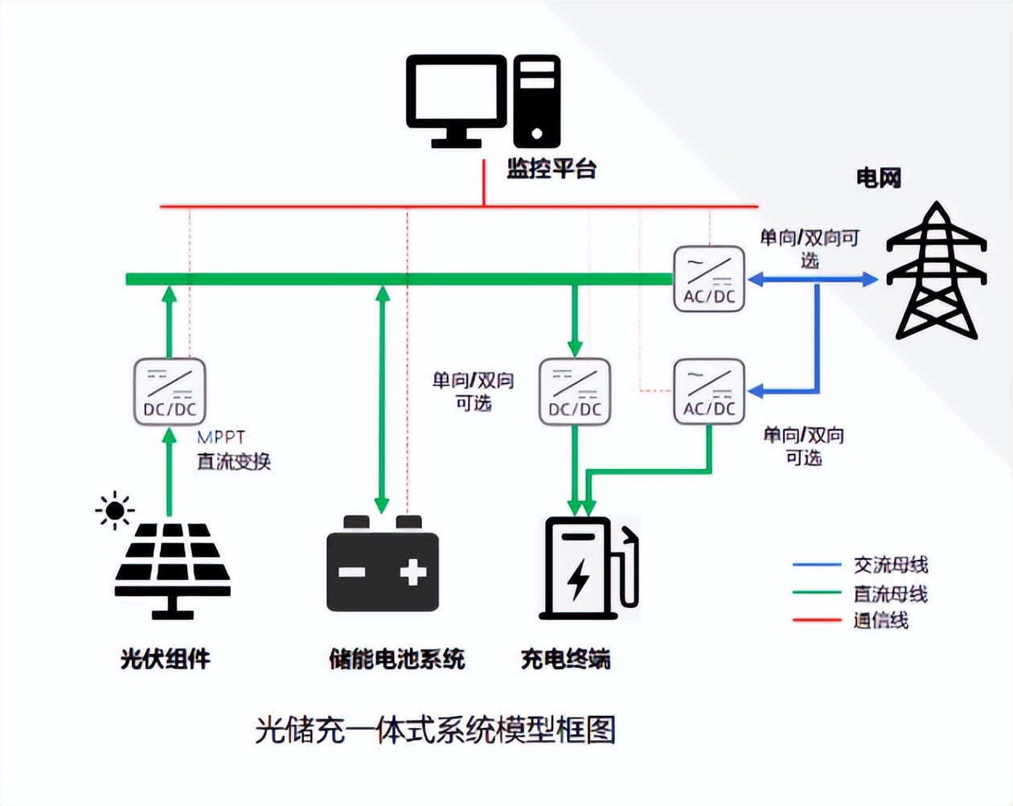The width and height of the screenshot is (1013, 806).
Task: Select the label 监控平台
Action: pyautogui.click(x=552, y=169)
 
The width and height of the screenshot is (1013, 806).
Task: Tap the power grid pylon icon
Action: pyautogui.click(x=936, y=271)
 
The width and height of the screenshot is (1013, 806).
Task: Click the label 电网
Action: pyautogui.click(x=878, y=178)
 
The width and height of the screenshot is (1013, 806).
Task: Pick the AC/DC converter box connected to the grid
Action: pyautogui.click(x=709, y=279)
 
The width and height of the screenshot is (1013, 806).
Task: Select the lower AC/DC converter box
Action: pyautogui.click(x=709, y=392)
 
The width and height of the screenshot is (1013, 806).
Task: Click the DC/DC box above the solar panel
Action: pyautogui.click(x=170, y=392)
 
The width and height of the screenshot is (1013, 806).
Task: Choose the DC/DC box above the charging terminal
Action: pyautogui.click(x=575, y=392)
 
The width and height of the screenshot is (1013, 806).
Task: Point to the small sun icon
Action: pyautogui.click(x=114, y=511)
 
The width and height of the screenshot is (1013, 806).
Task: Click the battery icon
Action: pyautogui.click(x=383, y=565)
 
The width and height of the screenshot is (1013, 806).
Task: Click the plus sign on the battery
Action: pyautogui.click(x=413, y=572)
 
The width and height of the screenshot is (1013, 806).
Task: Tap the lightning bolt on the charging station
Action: pyautogui.click(x=578, y=578)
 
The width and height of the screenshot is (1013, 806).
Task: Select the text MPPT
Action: pyautogui.click(x=221, y=438)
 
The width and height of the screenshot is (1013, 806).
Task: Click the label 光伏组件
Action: pyautogui.click(x=166, y=659)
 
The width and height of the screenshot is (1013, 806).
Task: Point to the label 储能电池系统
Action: pyautogui.click(x=397, y=659)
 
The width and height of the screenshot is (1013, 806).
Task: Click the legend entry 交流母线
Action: pyautogui.click(x=890, y=565)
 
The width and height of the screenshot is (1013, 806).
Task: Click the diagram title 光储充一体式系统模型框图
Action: pyautogui.click(x=436, y=730)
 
